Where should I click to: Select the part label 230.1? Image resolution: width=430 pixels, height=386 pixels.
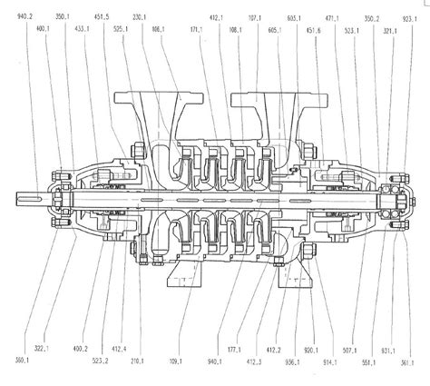click(139, 17)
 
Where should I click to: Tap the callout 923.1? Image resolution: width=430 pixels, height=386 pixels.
click(412, 17)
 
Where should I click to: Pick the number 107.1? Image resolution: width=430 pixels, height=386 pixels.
click(255, 17)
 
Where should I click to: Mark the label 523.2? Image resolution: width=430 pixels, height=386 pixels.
click(102, 361)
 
